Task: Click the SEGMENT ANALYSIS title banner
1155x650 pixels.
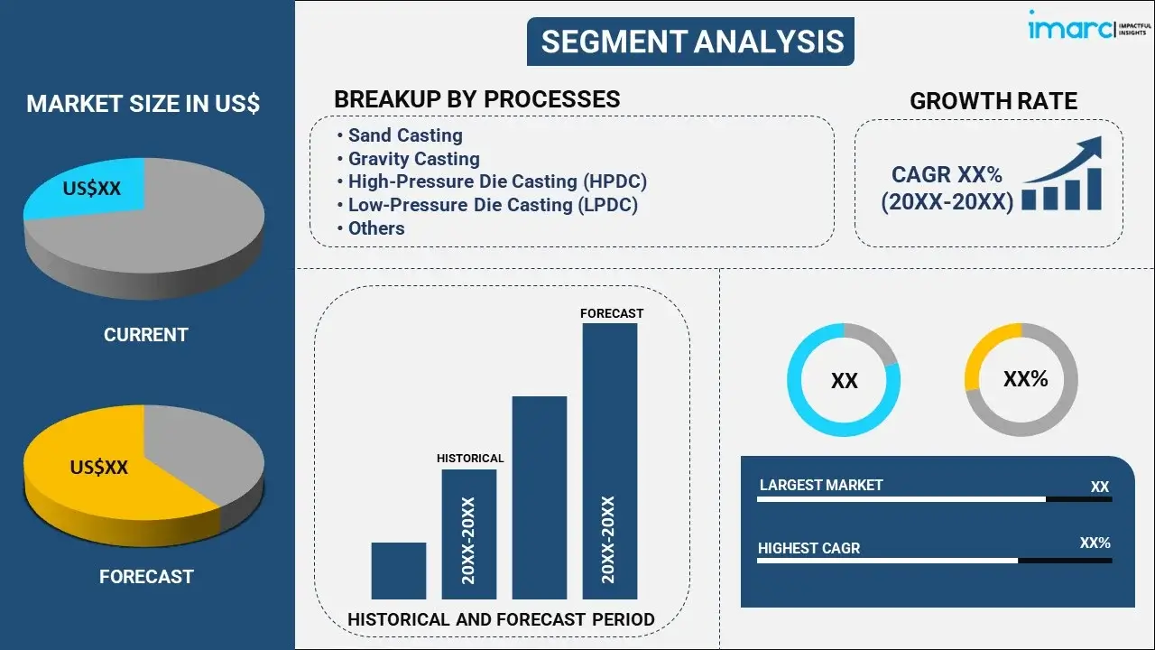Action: click(x=691, y=42)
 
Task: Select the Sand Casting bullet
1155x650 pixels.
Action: click(x=405, y=135)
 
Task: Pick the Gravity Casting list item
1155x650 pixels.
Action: click(x=413, y=159)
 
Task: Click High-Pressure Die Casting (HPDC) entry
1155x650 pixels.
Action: click(x=497, y=181)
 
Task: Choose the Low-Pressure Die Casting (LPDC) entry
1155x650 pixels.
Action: click(x=493, y=205)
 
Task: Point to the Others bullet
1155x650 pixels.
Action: click(x=376, y=228)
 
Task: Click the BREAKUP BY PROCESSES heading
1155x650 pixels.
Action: click(x=476, y=99)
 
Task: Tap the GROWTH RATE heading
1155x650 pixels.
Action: click(x=993, y=101)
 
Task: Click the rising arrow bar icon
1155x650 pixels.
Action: click(x=1063, y=176)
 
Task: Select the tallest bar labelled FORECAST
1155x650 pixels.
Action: click(x=610, y=460)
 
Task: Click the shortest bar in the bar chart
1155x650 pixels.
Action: click(x=398, y=571)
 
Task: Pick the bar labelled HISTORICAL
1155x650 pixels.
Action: click(x=468, y=534)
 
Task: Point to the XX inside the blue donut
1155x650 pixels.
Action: click(x=844, y=381)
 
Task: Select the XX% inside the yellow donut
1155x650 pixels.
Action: click(x=1025, y=379)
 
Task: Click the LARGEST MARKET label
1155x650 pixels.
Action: click(x=821, y=485)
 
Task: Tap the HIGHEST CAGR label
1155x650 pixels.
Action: click(x=808, y=548)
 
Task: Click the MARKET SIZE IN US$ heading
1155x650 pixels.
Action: click(x=143, y=104)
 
